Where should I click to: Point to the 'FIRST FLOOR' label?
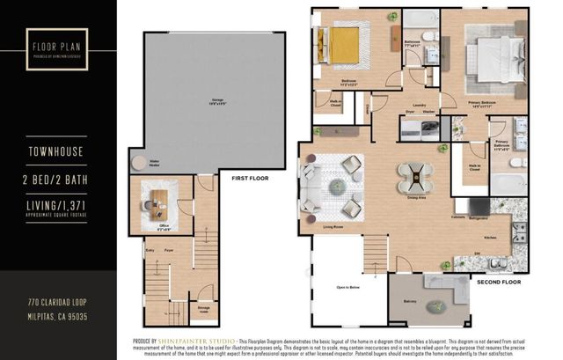coord(249,179)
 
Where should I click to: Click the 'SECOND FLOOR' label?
coord(498,283)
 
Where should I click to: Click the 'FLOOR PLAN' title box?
coord(54,46)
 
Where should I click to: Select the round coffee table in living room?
coord(337,186)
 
